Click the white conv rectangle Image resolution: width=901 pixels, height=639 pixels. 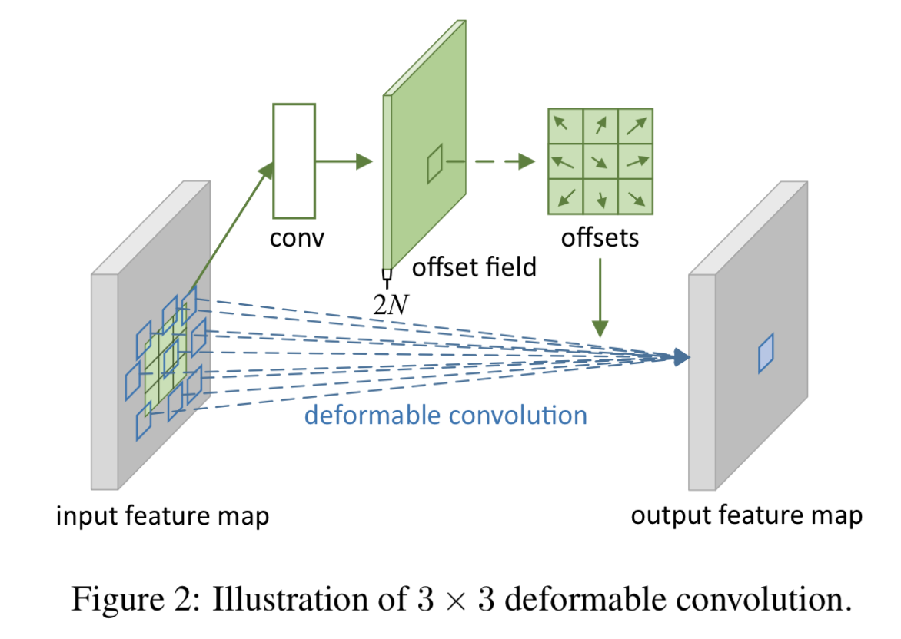click(x=294, y=161)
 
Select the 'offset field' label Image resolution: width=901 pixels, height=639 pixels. click(x=474, y=267)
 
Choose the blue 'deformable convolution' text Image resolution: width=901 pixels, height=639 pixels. click(x=446, y=416)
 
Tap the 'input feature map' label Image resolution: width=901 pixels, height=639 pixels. click(x=163, y=515)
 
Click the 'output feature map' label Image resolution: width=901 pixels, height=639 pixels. click(x=746, y=515)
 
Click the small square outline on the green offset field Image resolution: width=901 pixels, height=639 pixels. click(x=435, y=164)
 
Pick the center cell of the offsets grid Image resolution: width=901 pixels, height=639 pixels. click(x=600, y=162)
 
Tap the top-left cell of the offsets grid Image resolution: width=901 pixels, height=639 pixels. click(x=564, y=126)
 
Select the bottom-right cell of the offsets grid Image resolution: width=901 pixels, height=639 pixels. click(x=635, y=197)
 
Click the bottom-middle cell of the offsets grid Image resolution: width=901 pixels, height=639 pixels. click(x=600, y=197)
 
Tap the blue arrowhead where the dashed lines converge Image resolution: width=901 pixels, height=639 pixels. click(x=680, y=356)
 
